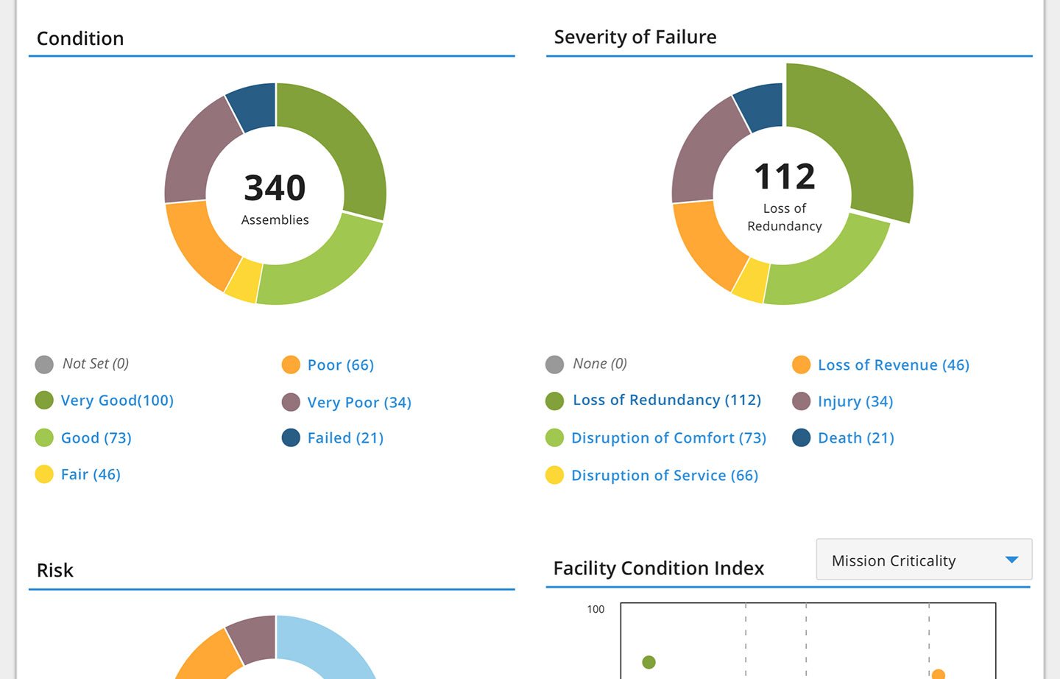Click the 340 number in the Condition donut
click(x=275, y=188)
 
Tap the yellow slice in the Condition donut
click(x=244, y=281)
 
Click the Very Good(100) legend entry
click(x=117, y=401)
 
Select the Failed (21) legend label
click(x=345, y=438)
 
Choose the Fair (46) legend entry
click(x=91, y=475)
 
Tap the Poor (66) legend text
click(x=341, y=365)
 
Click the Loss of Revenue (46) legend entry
click(x=893, y=365)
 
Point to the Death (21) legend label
click(x=855, y=438)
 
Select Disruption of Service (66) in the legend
click(x=664, y=476)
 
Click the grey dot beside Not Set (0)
click(x=44, y=365)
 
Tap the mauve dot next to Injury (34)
click(x=801, y=401)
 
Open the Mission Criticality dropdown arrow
click(x=1011, y=560)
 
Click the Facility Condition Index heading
click(x=658, y=569)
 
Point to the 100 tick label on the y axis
click(x=596, y=609)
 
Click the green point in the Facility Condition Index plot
click(x=649, y=662)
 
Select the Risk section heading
click(x=55, y=571)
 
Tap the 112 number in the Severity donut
click(x=785, y=177)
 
